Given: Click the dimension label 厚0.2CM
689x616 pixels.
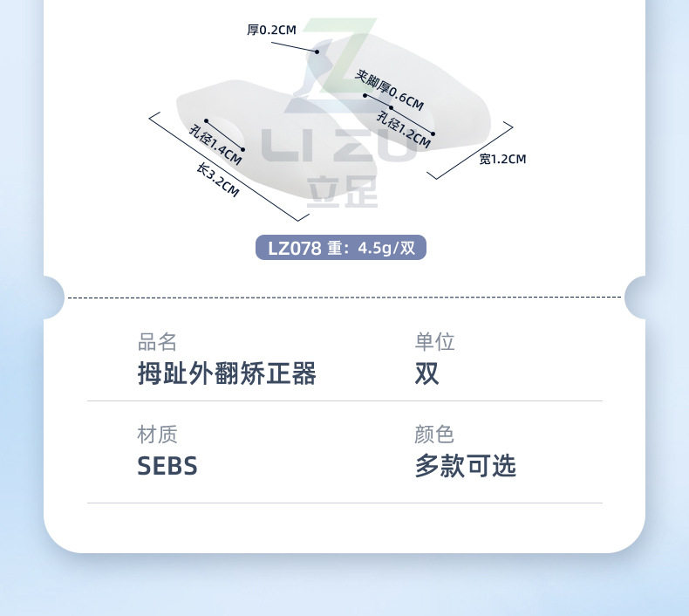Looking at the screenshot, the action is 271,30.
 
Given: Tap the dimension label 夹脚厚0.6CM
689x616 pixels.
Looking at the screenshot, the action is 390,91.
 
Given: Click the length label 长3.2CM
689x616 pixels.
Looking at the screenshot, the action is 218,181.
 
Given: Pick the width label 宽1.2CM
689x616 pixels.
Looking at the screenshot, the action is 502,159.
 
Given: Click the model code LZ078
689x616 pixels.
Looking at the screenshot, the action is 294,248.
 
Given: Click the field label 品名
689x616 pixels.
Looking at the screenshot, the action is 157,341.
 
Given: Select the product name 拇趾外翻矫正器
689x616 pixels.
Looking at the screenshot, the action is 227,374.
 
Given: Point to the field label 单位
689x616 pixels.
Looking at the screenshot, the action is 434,341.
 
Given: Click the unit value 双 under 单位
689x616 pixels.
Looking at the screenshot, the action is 426,374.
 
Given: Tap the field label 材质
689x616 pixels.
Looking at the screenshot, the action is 157,434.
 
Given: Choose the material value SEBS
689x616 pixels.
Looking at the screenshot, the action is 167,466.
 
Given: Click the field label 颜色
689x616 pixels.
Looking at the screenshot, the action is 434,434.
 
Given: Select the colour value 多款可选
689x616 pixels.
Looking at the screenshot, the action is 465,466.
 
